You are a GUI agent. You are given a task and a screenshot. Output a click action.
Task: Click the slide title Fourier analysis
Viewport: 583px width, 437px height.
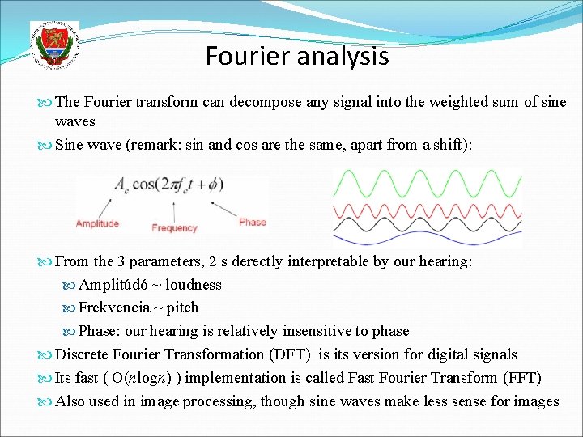tap(296, 57)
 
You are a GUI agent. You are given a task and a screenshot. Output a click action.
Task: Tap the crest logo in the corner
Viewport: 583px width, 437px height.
tap(54, 45)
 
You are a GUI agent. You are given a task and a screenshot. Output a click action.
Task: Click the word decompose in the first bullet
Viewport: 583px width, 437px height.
tap(261, 103)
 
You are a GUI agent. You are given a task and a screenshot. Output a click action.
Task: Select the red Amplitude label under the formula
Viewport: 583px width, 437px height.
tap(97, 223)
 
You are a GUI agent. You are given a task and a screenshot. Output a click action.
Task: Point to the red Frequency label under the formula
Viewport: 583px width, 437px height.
tap(174, 228)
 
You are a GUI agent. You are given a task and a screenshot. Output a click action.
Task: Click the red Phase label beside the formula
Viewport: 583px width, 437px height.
tap(252, 223)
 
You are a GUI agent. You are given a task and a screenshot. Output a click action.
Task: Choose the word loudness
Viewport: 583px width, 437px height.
tap(194, 285)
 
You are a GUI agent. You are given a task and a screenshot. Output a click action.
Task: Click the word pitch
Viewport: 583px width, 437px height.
tap(183, 308)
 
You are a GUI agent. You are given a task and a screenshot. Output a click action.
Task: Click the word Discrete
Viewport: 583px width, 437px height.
tap(80, 354)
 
